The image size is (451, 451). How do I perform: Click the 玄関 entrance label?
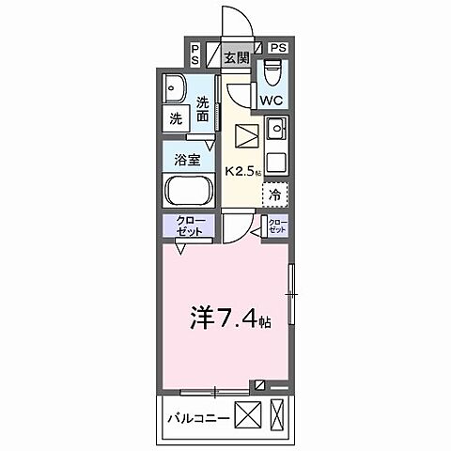click(x=237, y=58)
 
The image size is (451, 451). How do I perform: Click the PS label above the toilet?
click(x=278, y=46)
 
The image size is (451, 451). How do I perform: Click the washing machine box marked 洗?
click(x=176, y=119)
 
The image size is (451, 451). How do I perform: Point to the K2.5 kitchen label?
click(x=242, y=172)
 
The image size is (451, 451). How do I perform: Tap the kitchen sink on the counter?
click(x=276, y=130)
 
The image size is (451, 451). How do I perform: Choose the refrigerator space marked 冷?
click(x=274, y=195)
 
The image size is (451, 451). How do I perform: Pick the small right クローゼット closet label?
click(x=277, y=225)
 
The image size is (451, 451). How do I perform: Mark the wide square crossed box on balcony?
click(x=246, y=414)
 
